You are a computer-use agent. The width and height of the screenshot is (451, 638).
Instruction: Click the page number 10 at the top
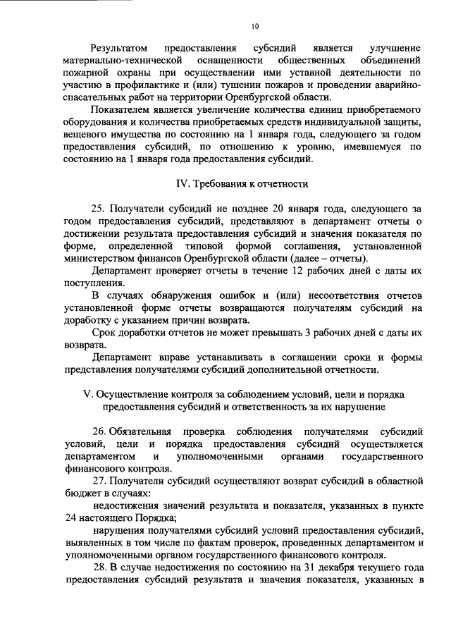(x=254, y=27)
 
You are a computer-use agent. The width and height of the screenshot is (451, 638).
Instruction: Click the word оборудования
(x=96, y=123)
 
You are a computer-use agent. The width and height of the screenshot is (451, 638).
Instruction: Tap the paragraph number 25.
(x=99, y=209)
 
